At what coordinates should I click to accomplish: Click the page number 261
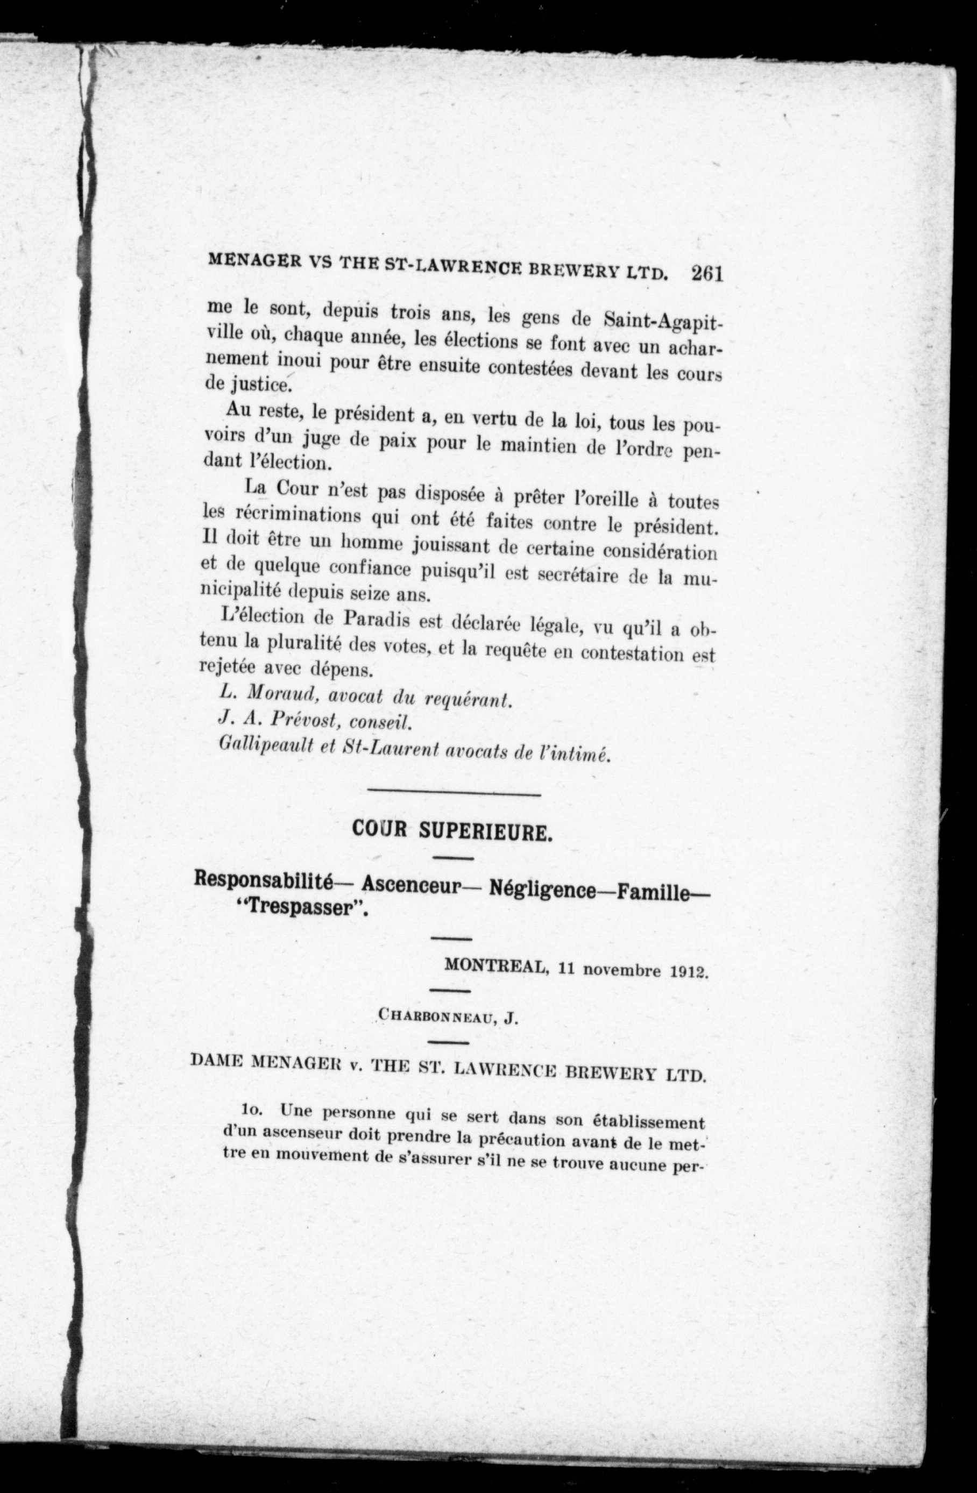tap(706, 275)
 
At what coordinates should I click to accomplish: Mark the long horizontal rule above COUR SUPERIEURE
tap(453, 795)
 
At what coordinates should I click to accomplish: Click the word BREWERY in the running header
tap(576, 272)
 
